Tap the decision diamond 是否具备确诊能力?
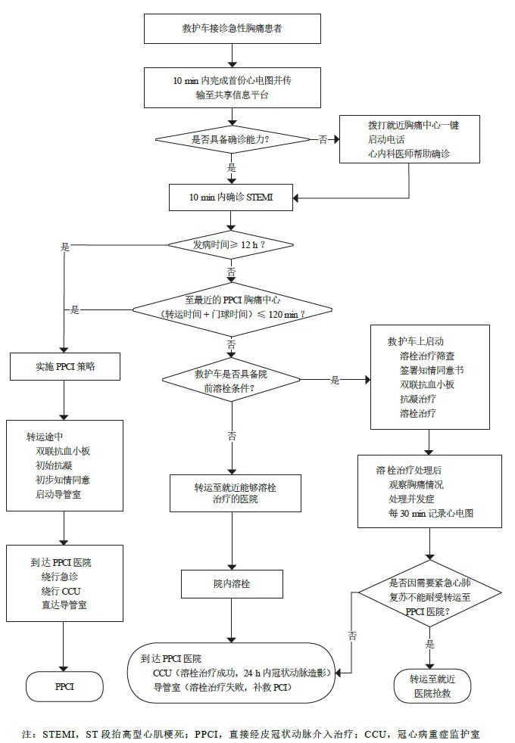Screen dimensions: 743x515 point(232,139)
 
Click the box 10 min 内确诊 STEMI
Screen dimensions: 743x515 point(232,197)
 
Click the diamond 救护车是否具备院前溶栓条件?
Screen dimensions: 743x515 point(232,381)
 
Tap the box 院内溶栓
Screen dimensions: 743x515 point(232,584)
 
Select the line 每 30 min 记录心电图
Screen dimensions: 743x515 point(430,512)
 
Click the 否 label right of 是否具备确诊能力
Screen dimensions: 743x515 point(323,139)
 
